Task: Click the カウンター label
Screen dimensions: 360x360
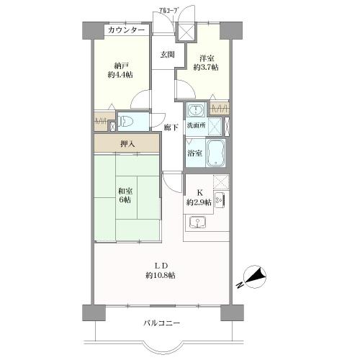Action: click(126, 30)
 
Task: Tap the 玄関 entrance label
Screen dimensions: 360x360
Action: click(167, 54)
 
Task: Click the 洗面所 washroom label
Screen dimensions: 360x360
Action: click(196, 126)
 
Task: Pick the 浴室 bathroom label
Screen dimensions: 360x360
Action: click(194, 153)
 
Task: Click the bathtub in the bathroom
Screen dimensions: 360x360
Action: click(217, 153)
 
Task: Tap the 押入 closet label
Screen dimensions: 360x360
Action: click(126, 143)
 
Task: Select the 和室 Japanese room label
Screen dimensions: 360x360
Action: click(125, 191)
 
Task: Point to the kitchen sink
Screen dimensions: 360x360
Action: click(199, 222)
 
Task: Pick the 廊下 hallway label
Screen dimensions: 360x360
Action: click(171, 127)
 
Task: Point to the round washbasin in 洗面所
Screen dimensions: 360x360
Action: click(195, 111)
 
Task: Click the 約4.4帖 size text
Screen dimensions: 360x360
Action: click(120, 73)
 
